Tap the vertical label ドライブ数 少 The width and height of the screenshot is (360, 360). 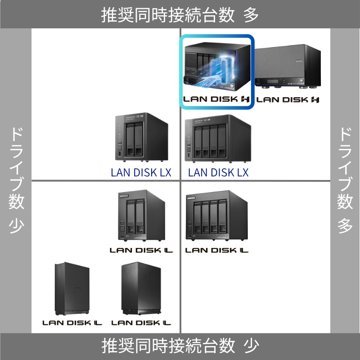coord(16,180)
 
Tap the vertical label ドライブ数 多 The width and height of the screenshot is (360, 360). coord(345,180)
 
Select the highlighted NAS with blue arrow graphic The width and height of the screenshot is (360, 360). coord(216,65)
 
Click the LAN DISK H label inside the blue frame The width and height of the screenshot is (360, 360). coord(216,99)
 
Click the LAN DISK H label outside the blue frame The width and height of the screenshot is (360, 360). coord(288,99)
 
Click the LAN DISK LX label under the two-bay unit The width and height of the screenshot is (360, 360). coord(141,172)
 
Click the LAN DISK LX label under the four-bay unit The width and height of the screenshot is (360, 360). coord(218,172)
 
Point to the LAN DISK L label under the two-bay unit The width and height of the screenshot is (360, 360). coord(141,250)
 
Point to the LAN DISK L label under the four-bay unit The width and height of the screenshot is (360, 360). coord(217,250)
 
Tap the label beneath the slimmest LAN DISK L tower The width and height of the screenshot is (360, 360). coord(72,323)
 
